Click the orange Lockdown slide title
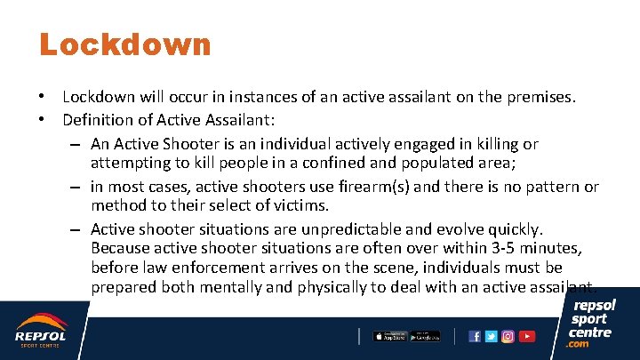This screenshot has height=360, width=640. coord(125,44)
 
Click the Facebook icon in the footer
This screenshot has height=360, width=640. coord(475,337)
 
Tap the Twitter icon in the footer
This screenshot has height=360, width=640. coord(492,337)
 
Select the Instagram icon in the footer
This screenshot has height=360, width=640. coord(508,337)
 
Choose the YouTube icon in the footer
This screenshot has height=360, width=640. coord(527,337)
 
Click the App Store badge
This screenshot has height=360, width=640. coord(389,336)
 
